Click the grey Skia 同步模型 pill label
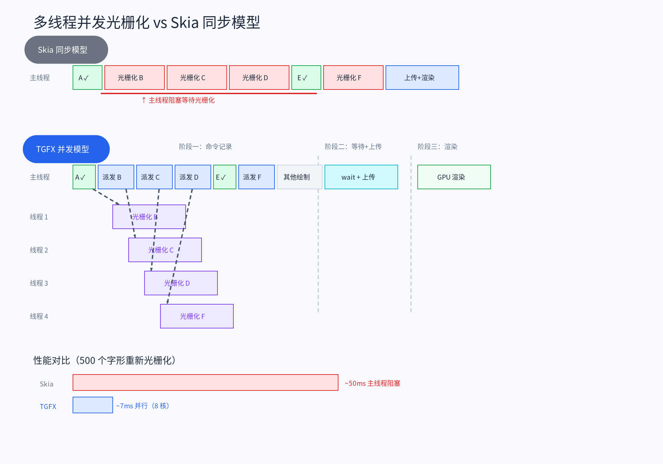pyautogui.click(x=66, y=50)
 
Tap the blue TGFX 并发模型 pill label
pyautogui.click(x=66, y=149)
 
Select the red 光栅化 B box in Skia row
pyautogui.click(x=134, y=78)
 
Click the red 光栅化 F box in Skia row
pyautogui.click(x=353, y=78)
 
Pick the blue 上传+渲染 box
pyautogui.click(x=422, y=78)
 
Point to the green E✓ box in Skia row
pyautogui.click(x=306, y=78)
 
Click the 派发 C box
pyautogui.click(x=154, y=177)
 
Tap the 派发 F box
pyautogui.click(x=256, y=177)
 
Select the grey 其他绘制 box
pyautogui.click(x=299, y=177)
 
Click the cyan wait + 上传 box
pyautogui.click(x=361, y=177)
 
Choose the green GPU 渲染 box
pyautogui.click(x=454, y=177)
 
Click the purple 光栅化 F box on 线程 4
pyautogui.click(x=197, y=316)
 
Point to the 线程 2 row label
pyautogui.click(x=39, y=250)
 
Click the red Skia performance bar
pyautogui.click(x=205, y=382)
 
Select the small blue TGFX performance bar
pyautogui.click(x=92, y=405)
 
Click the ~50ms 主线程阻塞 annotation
pyautogui.click(x=372, y=383)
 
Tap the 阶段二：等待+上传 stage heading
pyautogui.click(x=353, y=146)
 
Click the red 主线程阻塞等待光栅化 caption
pyautogui.click(x=181, y=100)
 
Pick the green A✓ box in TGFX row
pyautogui.click(x=84, y=177)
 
